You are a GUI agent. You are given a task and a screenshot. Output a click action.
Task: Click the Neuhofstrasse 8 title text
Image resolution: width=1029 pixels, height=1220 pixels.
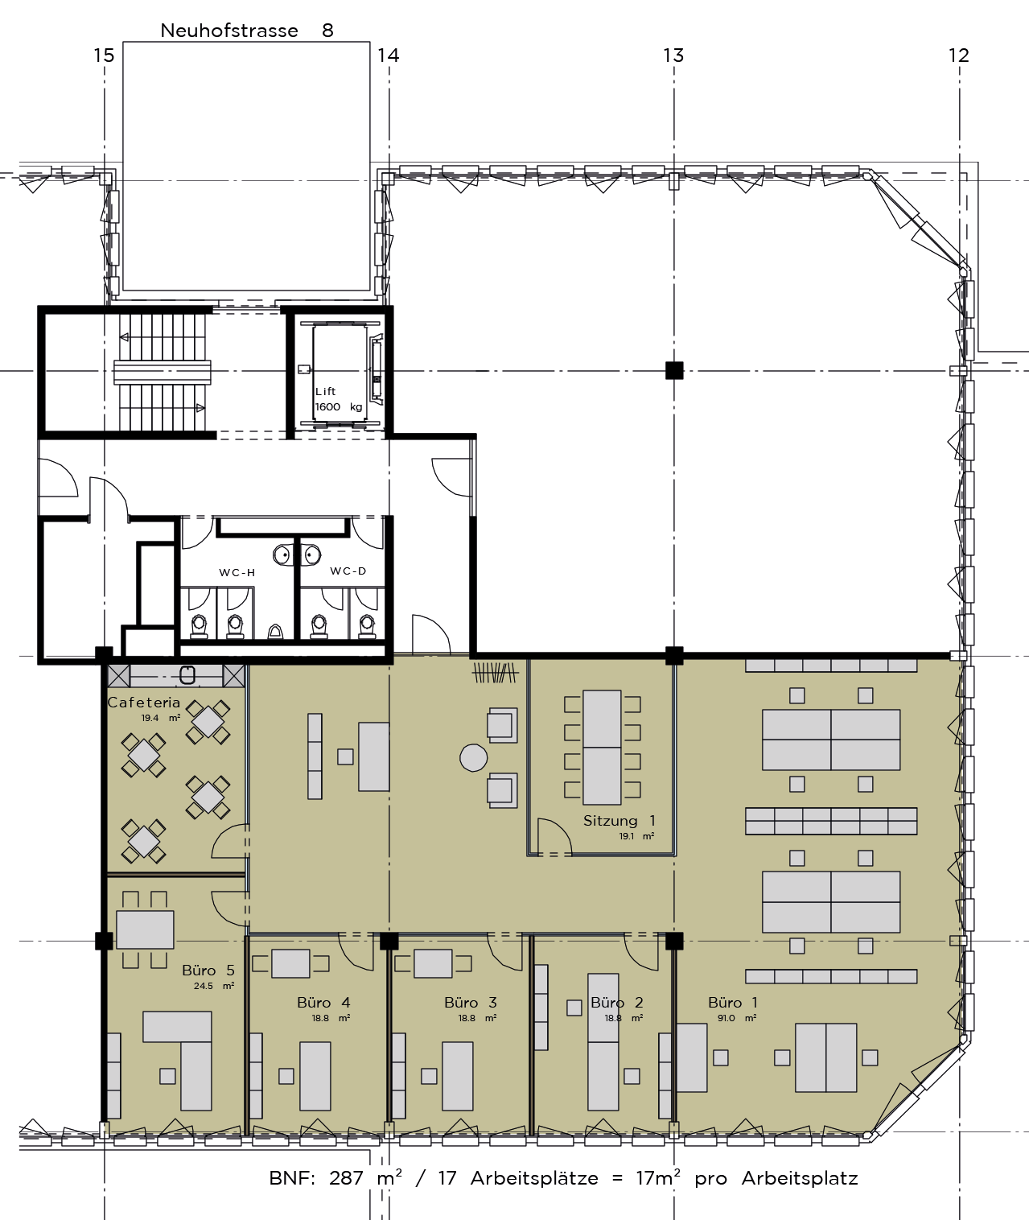click(x=246, y=31)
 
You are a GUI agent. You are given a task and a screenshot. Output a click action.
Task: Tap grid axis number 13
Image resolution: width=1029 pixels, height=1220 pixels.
click(x=673, y=56)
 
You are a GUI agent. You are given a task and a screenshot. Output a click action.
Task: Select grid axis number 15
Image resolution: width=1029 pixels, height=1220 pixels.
click(x=104, y=56)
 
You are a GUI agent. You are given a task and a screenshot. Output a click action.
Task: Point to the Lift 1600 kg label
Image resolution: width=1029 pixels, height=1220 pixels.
click(x=339, y=399)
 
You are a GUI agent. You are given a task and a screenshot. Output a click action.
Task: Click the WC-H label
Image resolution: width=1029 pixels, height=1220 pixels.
click(x=237, y=573)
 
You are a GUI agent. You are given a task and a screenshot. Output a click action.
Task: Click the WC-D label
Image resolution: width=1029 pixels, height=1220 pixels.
click(x=348, y=571)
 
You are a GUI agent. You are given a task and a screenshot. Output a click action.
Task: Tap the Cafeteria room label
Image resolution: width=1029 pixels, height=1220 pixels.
click(x=144, y=703)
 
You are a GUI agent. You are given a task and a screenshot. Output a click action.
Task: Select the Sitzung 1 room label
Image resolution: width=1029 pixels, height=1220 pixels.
click(x=619, y=821)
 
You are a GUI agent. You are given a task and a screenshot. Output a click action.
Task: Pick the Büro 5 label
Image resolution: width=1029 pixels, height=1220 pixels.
click(x=208, y=971)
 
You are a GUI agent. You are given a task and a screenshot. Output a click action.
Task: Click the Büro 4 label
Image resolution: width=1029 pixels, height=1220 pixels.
click(x=323, y=1003)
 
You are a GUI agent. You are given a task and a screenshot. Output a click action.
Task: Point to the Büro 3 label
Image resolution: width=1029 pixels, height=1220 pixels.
click(x=471, y=1003)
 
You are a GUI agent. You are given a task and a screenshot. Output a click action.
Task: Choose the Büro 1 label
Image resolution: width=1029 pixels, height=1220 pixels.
click(x=733, y=1003)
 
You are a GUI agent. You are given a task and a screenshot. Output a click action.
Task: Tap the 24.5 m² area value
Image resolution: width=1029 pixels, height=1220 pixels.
click(x=214, y=986)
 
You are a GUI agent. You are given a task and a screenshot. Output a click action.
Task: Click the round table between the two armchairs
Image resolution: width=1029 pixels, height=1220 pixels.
click(x=473, y=758)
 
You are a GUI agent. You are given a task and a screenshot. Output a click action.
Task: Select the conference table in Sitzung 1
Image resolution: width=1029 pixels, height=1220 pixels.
click(x=602, y=748)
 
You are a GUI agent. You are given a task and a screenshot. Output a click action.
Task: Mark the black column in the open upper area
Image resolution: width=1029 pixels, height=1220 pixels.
click(x=673, y=370)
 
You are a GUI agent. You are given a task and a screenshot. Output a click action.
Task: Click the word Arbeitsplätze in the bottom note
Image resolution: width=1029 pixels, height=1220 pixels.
click(x=534, y=1178)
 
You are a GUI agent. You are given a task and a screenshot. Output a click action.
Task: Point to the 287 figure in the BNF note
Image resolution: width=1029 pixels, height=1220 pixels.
click(x=346, y=1178)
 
